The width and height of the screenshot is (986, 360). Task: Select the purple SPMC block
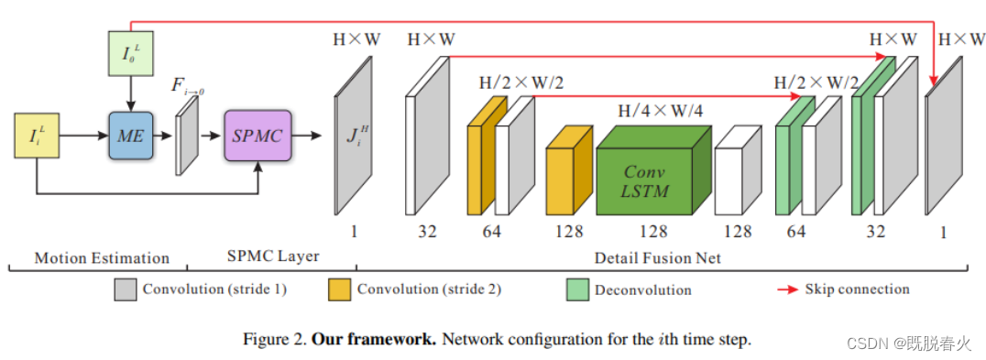coord(257,135)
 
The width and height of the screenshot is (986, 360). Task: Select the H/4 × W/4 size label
coord(660,111)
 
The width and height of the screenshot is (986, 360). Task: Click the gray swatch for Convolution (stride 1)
coord(125,290)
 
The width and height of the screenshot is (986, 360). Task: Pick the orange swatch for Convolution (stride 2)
coord(339,290)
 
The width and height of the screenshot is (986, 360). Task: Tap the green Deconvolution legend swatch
coord(578,290)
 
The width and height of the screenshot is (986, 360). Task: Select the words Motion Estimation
coord(102,258)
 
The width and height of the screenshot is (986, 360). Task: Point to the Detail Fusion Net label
coord(658,258)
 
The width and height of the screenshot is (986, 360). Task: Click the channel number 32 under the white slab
coord(427,232)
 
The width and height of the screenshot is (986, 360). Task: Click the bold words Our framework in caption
coord(373,339)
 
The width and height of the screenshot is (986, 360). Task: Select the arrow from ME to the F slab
coord(164,136)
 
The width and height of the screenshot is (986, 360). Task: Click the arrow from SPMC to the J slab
coord(311,136)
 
